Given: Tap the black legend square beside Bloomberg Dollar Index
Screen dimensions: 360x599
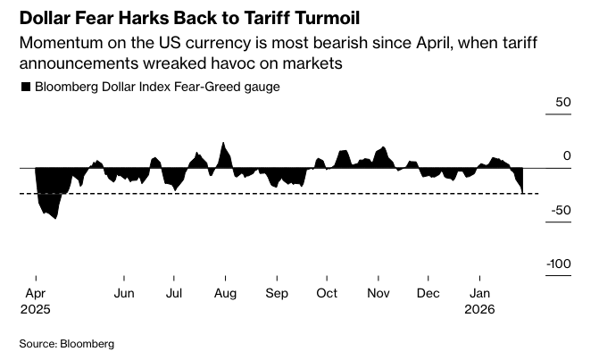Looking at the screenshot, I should coord(26,87).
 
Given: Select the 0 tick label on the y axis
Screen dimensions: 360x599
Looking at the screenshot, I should coord(566,156).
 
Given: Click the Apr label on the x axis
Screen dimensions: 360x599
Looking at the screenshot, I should coord(37,293).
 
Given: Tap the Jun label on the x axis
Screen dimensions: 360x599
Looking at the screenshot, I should coord(124,293).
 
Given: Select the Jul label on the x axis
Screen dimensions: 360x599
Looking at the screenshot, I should coord(174,293).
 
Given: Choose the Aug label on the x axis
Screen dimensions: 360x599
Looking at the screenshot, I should coord(225,293).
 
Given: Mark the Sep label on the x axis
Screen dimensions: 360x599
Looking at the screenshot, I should coord(277,293).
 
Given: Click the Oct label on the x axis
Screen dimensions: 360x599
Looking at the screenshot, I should coord(328,293).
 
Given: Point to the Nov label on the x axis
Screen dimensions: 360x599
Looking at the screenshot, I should coord(379,293).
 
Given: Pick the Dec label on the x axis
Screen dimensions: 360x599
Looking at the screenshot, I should coord(429,293).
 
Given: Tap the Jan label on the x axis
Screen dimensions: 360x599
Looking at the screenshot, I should coord(480,293).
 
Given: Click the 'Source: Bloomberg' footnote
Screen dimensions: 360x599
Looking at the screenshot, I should coord(67,343).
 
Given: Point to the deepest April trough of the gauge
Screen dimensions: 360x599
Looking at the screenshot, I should coord(55,218).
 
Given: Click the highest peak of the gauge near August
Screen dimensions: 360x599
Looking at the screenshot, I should coord(223,143).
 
